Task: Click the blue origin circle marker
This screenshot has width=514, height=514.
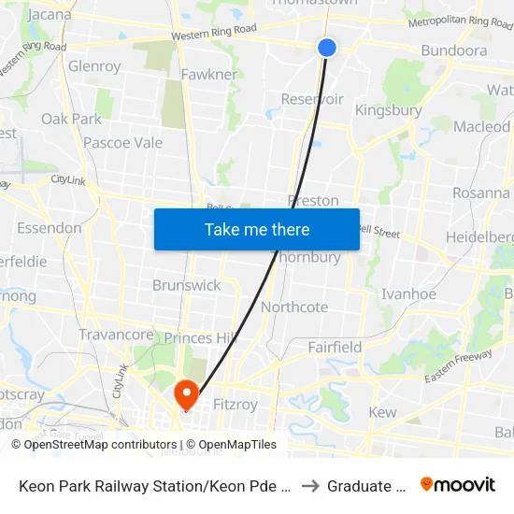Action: [x=326, y=47]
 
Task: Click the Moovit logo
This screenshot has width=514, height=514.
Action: [x=458, y=484]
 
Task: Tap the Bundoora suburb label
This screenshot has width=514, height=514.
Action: [x=453, y=50]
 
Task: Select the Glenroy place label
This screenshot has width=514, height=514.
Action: [x=94, y=66]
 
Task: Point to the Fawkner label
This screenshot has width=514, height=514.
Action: [x=208, y=74]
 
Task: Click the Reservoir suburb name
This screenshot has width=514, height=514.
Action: [x=312, y=99]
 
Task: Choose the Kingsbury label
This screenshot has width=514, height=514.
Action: [x=388, y=110]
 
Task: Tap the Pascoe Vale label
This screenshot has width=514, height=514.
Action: [x=122, y=143]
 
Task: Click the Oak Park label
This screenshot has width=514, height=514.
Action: [x=71, y=119]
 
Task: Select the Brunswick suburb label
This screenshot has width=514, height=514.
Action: [x=186, y=285]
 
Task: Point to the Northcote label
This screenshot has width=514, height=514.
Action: [x=294, y=307]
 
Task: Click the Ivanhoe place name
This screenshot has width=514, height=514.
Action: [x=408, y=293]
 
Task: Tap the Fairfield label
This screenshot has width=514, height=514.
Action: [x=335, y=348]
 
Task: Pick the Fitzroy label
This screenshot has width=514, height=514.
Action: [x=235, y=405]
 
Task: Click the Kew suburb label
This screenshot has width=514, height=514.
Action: [x=382, y=412]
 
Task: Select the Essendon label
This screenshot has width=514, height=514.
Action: [x=49, y=228]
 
